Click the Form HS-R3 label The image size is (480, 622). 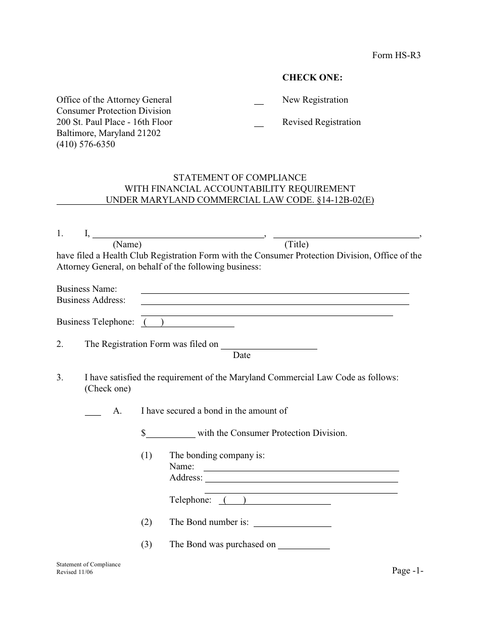(396, 56)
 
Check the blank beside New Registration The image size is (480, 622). (259, 101)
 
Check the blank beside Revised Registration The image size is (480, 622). (259, 123)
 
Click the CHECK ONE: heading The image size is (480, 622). (312, 77)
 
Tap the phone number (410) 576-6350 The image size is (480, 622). (85, 144)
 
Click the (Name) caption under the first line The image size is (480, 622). (127, 245)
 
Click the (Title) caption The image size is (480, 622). (297, 245)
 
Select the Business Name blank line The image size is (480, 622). (274, 290)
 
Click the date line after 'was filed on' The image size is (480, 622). (269, 345)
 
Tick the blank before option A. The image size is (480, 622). (92, 412)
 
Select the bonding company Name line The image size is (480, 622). (301, 467)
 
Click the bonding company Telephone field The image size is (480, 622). (275, 501)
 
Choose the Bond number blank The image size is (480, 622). (292, 523)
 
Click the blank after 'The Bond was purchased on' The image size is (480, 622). (304, 546)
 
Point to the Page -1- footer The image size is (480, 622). (407, 570)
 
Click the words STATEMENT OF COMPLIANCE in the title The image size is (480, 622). (239, 177)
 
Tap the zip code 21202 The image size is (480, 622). (148, 133)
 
